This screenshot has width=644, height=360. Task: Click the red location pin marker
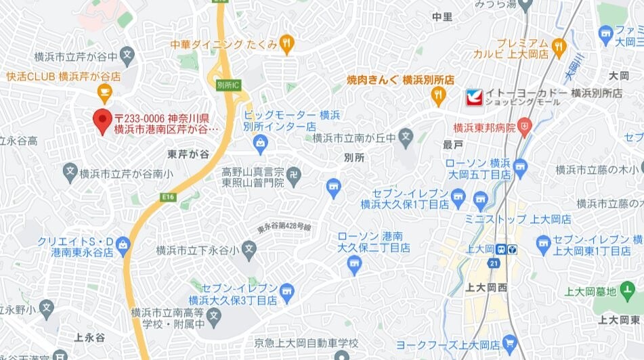point(102,120)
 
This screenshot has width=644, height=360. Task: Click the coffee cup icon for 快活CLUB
point(104,91)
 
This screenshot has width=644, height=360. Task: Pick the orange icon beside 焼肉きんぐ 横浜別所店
point(438,96)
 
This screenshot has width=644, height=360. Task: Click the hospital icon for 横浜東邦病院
point(523,127)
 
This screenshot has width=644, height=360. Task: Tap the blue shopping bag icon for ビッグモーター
point(260,142)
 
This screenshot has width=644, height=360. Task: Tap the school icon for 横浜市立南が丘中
point(406,138)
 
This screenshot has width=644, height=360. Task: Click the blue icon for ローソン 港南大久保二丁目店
point(354,266)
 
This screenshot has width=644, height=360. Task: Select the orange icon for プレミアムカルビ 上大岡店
point(559,46)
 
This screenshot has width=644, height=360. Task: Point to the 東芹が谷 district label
point(189,154)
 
